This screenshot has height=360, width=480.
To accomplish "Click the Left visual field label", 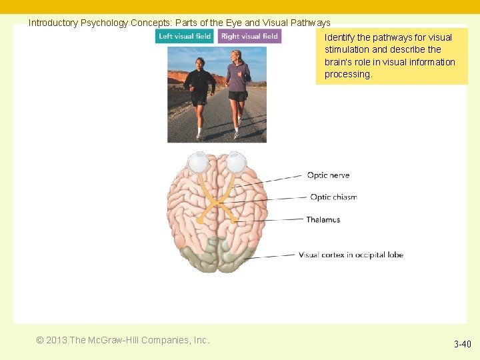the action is pos(185,36).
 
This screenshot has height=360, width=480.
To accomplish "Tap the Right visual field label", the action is pos(249,36).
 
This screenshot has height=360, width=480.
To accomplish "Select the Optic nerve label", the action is pos(328,175).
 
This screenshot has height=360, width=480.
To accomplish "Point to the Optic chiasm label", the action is pos(333,197).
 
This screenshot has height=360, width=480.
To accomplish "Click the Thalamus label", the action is pos(323,219).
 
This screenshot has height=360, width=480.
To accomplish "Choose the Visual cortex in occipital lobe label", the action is pos(351,255).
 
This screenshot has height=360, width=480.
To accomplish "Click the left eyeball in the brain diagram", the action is pos(198,163).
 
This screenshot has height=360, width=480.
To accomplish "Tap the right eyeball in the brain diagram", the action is pos(236,163).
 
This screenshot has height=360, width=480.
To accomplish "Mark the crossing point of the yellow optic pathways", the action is pos(217,203).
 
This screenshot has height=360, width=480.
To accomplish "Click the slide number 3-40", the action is pos(462,344).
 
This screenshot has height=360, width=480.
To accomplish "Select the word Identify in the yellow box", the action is pos(339,37).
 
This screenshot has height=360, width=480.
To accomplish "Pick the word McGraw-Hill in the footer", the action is pos(111,340).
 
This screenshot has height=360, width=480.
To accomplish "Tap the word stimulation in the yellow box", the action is pos(346,49).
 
